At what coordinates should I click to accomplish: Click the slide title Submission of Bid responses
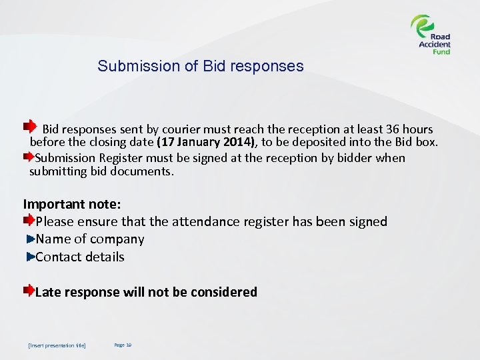pos(200,67)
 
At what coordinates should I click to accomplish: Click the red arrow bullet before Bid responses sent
pos(29,126)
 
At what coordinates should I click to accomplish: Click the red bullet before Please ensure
pos(29,220)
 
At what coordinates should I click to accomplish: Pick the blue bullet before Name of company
pos(31,239)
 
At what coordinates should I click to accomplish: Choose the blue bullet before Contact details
pos(31,257)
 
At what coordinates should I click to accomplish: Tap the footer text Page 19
pos(123,345)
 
